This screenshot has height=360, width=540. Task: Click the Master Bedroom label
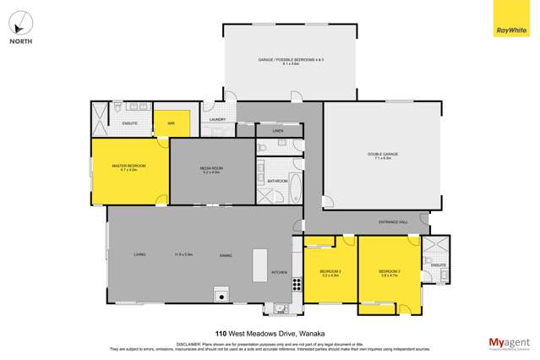pyautogui.click(x=128, y=167)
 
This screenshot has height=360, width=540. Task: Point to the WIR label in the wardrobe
pyautogui.click(x=171, y=123)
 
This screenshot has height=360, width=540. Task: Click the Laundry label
pyautogui.click(x=217, y=120)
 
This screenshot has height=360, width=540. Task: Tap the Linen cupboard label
pyautogui.click(x=278, y=132)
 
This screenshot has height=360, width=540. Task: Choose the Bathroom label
pyautogui.click(x=278, y=181)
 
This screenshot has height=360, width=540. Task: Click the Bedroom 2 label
pyautogui.click(x=330, y=273)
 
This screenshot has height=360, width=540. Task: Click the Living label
pyautogui.click(x=139, y=254)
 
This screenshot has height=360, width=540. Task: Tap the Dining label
pyautogui.click(x=226, y=254)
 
